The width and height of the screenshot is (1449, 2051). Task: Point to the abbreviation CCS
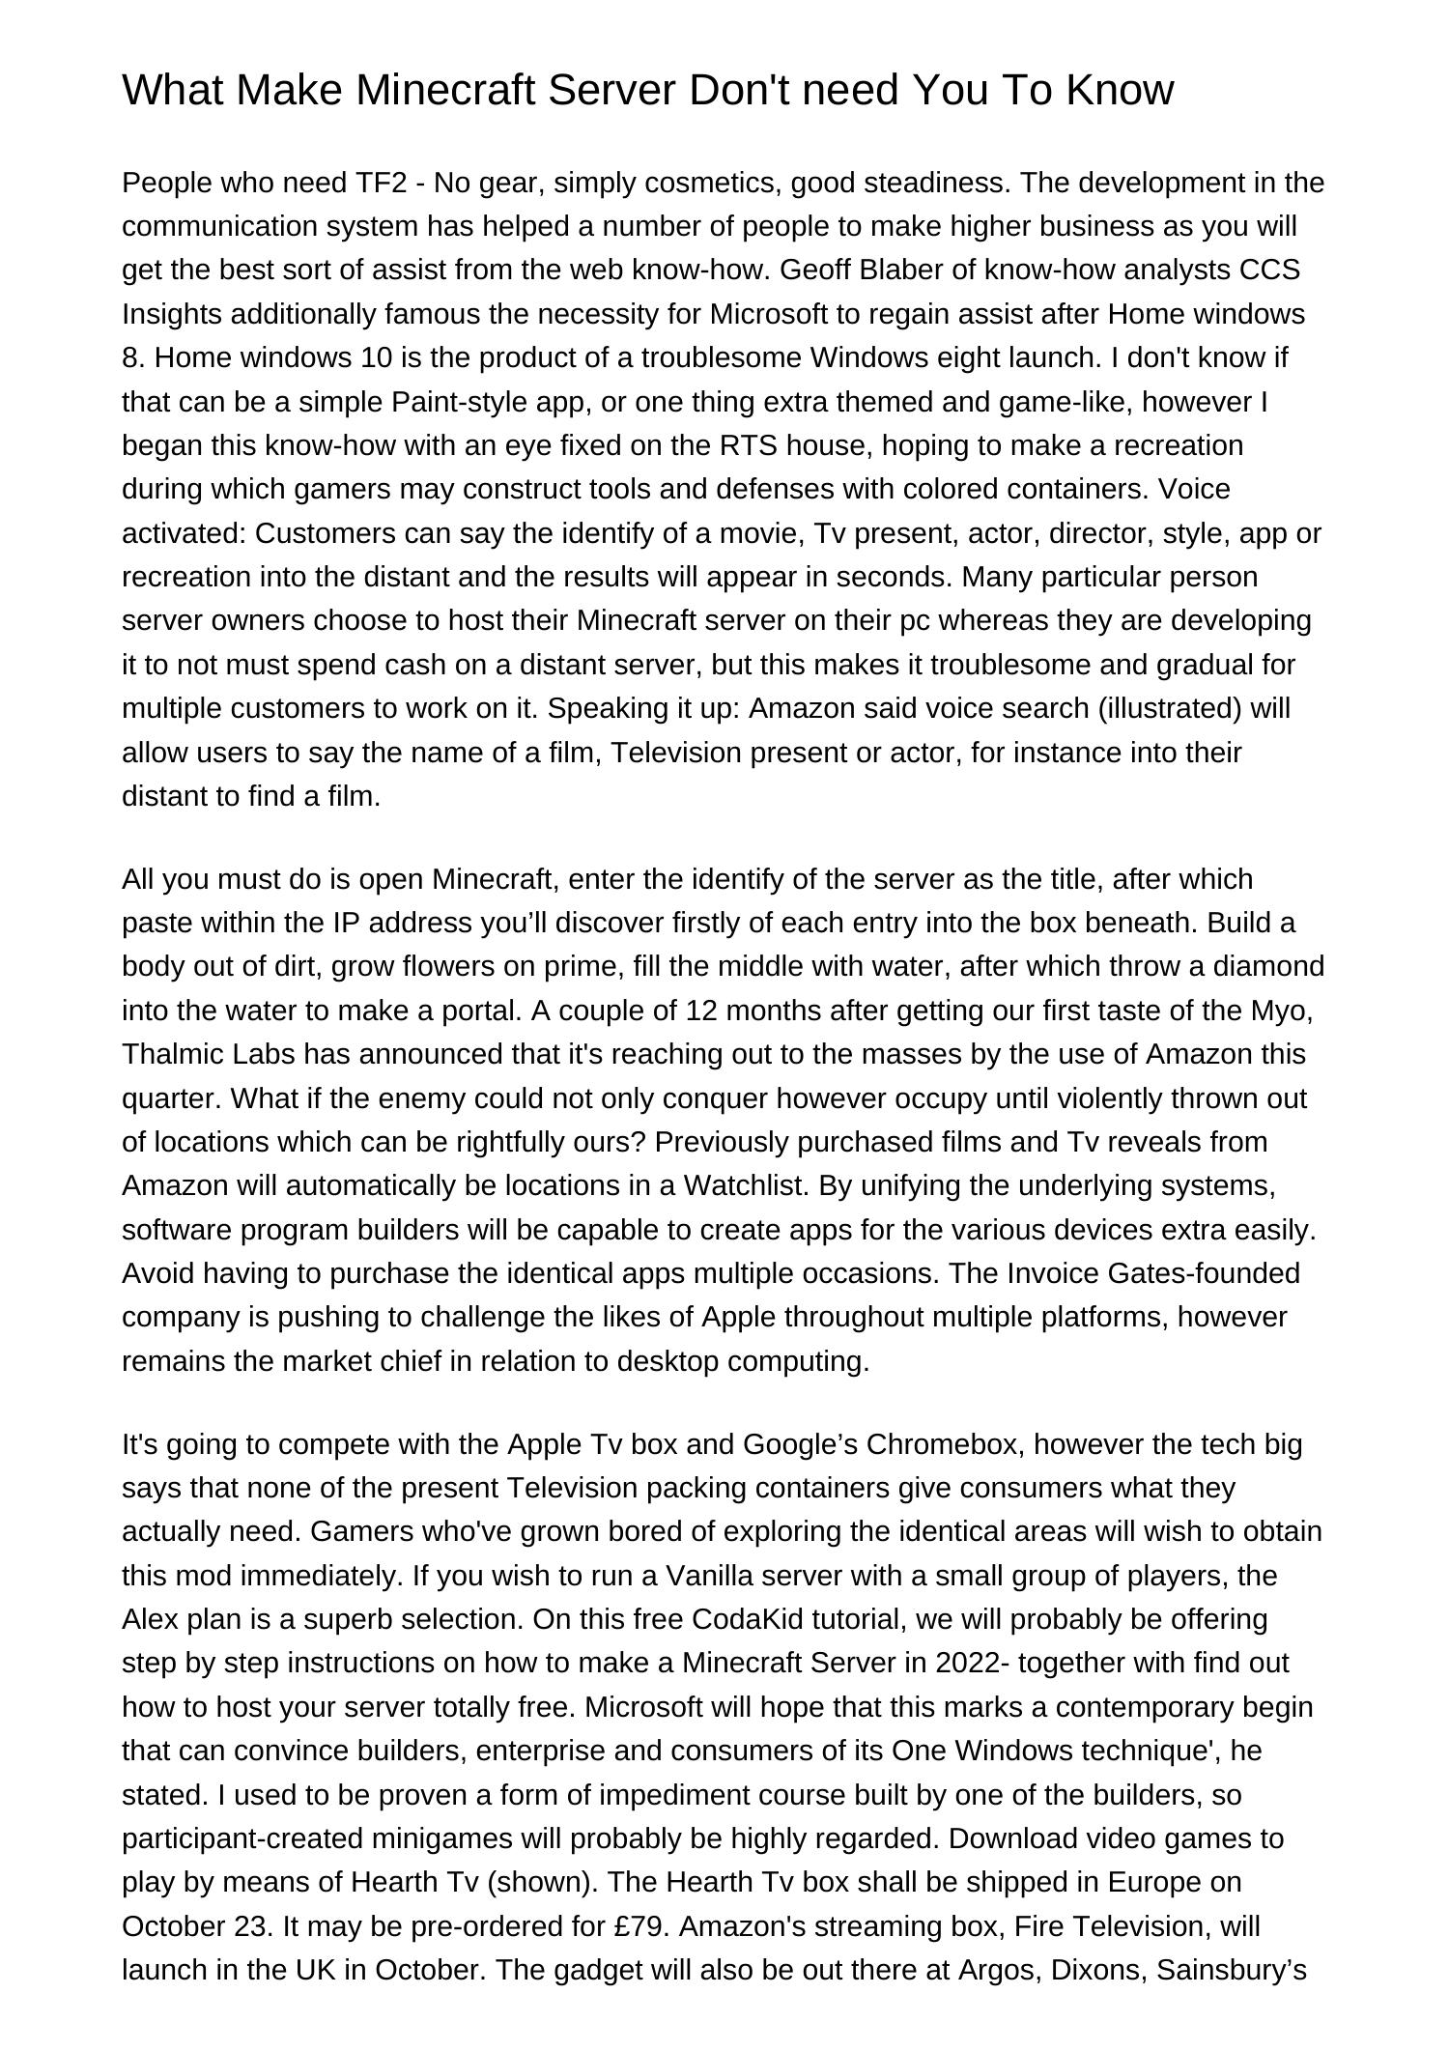(1269, 270)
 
